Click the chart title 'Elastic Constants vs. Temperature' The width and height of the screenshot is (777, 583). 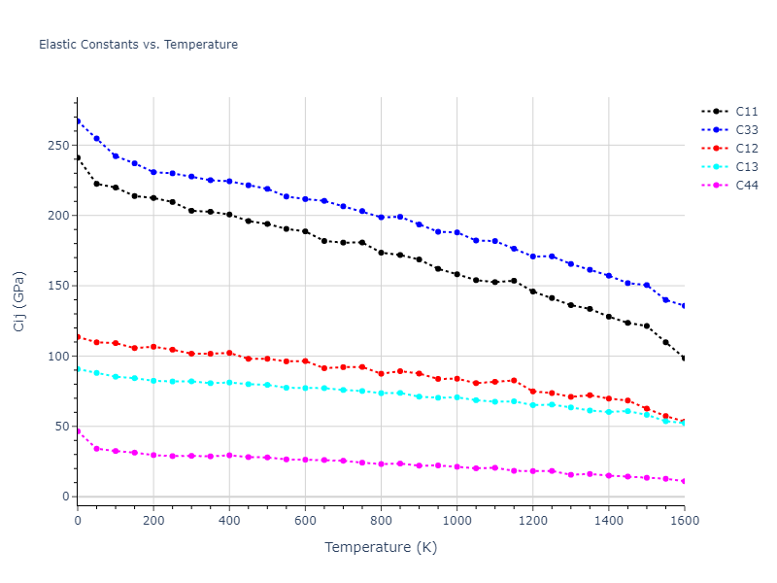click(x=138, y=45)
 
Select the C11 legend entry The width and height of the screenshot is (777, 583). click(x=746, y=112)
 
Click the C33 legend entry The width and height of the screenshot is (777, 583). click(x=746, y=130)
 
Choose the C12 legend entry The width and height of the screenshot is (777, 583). click(x=746, y=149)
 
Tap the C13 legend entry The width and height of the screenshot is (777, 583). click(x=746, y=167)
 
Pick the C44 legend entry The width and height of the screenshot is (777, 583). click(x=746, y=186)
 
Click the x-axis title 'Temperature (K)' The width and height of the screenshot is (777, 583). click(x=381, y=547)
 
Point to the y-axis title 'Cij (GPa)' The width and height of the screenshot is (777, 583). click(x=20, y=301)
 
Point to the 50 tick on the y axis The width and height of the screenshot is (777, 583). click(x=63, y=427)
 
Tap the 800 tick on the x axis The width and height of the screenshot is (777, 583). click(x=381, y=522)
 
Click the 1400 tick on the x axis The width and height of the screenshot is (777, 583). click(x=608, y=522)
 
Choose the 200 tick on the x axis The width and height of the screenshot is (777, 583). click(x=153, y=522)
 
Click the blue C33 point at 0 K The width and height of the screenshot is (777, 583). click(x=78, y=121)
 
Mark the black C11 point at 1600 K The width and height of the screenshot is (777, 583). click(x=684, y=359)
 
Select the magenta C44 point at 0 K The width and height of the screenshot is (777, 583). click(x=78, y=431)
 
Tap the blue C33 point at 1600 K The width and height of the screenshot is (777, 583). click(x=684, y=306)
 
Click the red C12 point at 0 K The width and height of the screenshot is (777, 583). click(x=78, y=337)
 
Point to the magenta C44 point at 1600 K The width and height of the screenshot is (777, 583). click(x=684, y=481)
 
